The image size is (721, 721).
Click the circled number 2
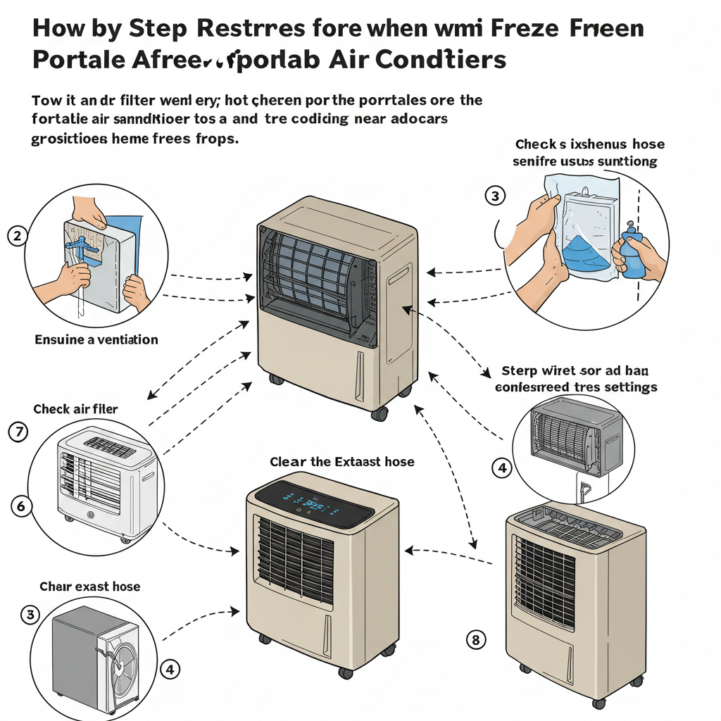[x=17, y=237]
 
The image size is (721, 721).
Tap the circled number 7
[x=17, y=432]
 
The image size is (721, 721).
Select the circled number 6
[x=22, y=506]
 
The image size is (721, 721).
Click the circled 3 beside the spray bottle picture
[x=496, y=196]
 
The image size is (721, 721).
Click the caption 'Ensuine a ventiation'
[x=96, y=339]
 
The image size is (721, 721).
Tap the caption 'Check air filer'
[x=75, y=408]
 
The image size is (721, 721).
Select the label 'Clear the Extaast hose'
[x=342, y=462]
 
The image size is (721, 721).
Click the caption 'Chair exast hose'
[x=89, y=587]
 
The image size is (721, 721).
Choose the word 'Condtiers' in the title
[x=440, y=60]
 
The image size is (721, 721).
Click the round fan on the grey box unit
[x=119, y=667]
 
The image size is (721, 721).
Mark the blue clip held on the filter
[x=82, y=250]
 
